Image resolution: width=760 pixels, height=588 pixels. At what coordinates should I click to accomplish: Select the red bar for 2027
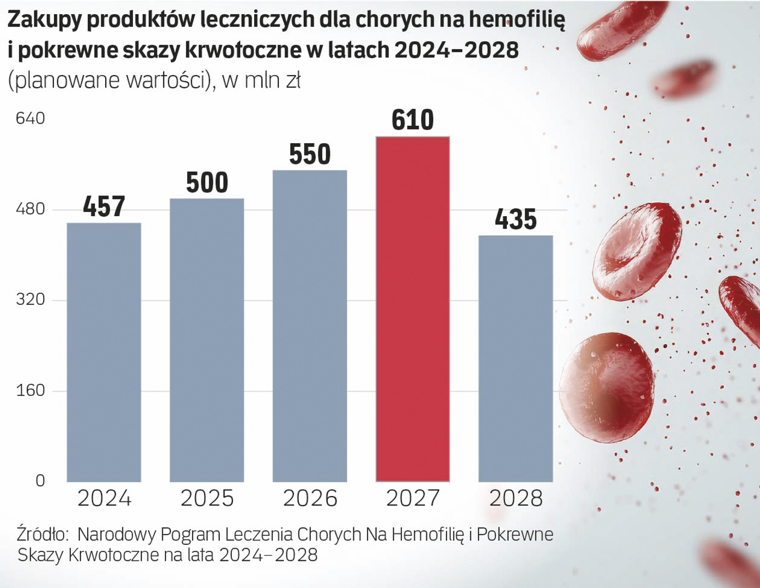click(x=413, y=309)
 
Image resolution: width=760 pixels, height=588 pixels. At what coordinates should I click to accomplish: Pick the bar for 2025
click(x=207, y=340)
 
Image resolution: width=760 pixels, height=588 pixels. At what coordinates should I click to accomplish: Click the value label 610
click(x=413, y=120)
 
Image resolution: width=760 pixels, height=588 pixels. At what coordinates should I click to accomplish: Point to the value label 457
click(x=104, y=206)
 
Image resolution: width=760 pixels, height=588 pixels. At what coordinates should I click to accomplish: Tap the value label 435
click(x=516, y=219)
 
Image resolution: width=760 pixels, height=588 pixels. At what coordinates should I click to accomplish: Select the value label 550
click(x=310, y=154)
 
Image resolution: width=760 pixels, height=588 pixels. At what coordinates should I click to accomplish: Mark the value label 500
click(x=207, y=182)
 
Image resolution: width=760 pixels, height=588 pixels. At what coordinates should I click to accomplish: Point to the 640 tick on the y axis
click(x=30, y=118)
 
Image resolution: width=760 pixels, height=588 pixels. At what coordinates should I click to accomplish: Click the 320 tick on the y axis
click(x=30, y=299)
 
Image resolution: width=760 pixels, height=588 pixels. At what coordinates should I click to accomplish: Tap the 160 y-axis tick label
click(x=30, y=390)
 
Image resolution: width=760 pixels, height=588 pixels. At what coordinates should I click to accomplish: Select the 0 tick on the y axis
click(x=40, y=481)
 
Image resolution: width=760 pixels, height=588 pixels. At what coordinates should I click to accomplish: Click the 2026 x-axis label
click(x=310, y=498)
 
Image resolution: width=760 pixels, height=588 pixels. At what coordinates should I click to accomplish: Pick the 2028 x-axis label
click(x=516, y=498)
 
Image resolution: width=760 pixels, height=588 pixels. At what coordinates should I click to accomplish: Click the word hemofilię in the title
click(x=517, y=20)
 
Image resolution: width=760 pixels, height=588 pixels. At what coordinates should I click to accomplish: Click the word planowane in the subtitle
click(x=66, y=81)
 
